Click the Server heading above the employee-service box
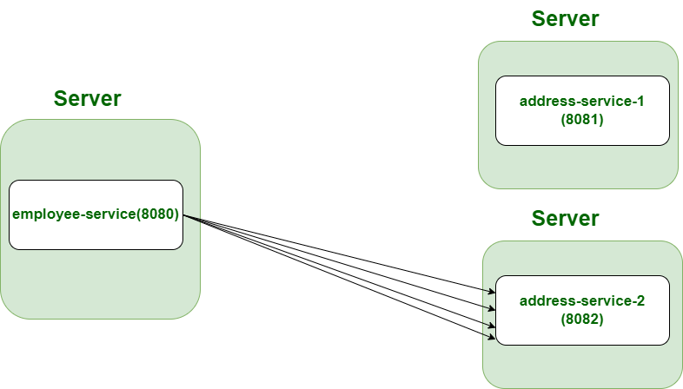tap(87, 98)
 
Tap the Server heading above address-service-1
tap(565, 19)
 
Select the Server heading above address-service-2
tap(565, 218)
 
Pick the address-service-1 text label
tap(581, 101)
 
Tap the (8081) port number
tap(582, 120)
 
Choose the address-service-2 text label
tap(581, 301)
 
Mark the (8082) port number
tap(582, 320)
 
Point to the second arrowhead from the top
tap(492, 307)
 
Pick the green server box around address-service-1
tap(578, 165)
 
